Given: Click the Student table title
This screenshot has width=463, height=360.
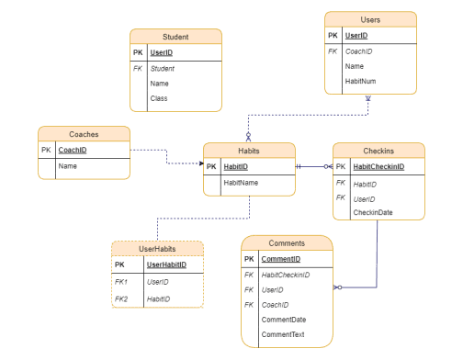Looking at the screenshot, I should click(x=175, y=37).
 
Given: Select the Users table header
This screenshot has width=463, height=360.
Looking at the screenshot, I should click(x=370, y=19).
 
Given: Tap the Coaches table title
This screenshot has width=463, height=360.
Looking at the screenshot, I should click(x=84, y=133).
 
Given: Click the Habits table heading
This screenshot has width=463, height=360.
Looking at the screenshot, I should click(x=249, y=151).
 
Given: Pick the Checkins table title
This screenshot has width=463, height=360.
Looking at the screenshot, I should click(x=378, y=151).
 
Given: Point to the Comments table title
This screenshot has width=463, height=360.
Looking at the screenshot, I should click(x=287, y=243).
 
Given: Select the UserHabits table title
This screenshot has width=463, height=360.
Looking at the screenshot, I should click(x=157, y=249).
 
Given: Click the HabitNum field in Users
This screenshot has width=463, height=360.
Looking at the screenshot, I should click(x=360, y=81).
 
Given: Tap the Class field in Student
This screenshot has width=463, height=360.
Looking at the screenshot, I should click(x=160, y=98).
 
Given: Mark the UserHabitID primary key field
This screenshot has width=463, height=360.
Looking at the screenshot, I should click(x=166, y=264).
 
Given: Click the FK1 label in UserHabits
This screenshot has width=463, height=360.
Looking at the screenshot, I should click(x=122, y=282).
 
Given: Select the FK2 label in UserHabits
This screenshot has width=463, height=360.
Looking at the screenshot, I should click(x=122, y=298).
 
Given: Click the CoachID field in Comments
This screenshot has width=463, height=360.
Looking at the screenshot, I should click(x=276, y=305).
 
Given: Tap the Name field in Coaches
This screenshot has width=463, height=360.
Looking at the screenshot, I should click(x=67, y=166).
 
